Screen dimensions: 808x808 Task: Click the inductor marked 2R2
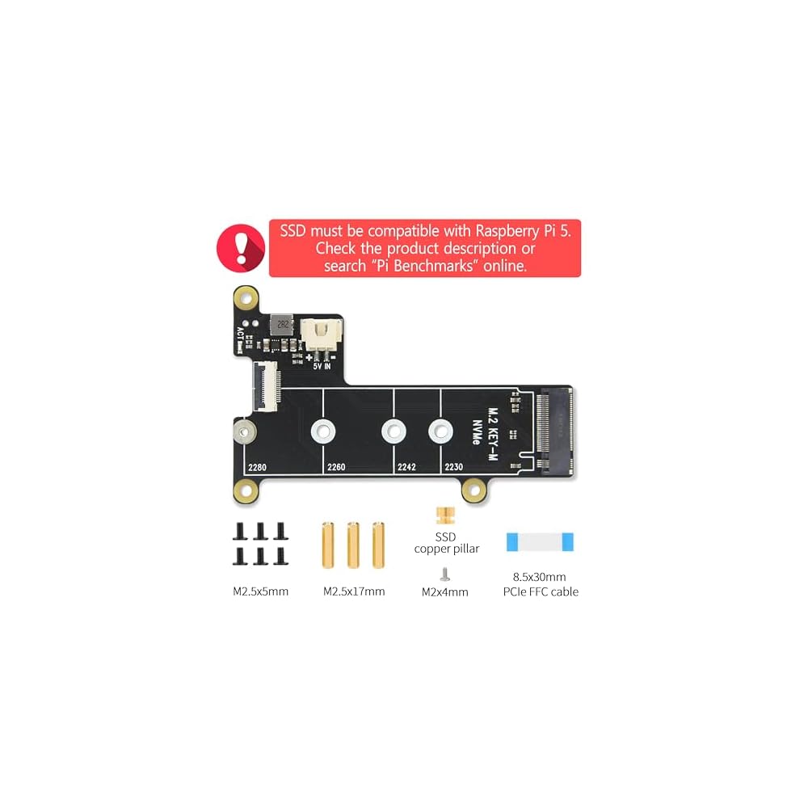[x=282, y=326]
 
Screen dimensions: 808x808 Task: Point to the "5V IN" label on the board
[x=322, y=364]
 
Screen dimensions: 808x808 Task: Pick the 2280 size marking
[x=258, y=467]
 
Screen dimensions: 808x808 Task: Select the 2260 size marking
[x=336, y=467]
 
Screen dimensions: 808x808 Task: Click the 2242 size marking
[x=406, y=467]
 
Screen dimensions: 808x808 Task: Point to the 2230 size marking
[x=453, y=467]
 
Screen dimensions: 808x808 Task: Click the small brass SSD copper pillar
[x=442, y=515]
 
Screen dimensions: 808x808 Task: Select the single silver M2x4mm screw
[x=444, y=573]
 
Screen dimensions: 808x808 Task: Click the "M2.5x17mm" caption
[x=354, y=591]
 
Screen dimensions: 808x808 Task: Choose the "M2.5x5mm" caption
[x=260, y=591]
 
